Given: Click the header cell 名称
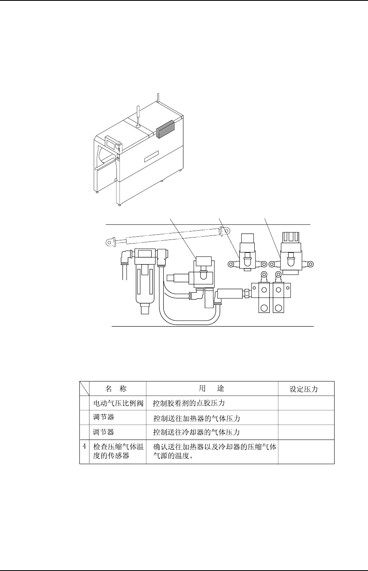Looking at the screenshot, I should (116, 389).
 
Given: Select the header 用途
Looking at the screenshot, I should (212, 389).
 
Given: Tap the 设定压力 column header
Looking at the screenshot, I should (304, 389).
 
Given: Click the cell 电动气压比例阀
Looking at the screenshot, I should (119, 403).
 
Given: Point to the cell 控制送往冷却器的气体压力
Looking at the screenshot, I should (197, 432).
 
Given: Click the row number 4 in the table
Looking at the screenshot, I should (84, 446).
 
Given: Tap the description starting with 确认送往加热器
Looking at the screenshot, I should (215, 452).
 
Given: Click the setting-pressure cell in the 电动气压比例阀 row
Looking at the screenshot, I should (306, 403).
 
